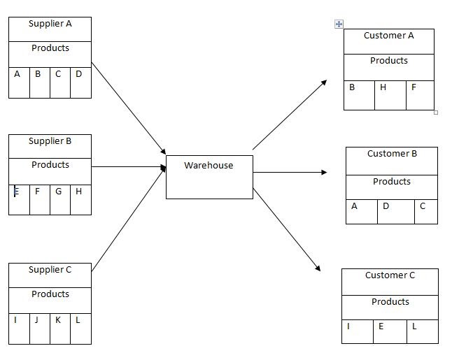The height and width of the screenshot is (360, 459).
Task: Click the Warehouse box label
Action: (x=209, y=166)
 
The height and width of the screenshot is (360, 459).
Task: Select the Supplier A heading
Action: (x=50, y=24)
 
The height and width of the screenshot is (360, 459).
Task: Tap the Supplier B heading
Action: (x=50, y=141)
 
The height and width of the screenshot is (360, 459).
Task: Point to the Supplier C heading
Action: (x=50, y=270)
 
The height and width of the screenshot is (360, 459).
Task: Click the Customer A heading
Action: (x=388, y=36)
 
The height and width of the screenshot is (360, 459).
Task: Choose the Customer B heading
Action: (x=391, y=154)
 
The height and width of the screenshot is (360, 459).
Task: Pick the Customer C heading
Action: (x=390, y=275)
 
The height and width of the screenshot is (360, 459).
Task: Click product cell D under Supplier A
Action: (x=80, y=82)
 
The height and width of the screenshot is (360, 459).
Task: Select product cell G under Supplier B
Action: (x=60, y=199)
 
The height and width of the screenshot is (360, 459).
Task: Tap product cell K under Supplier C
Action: (x=60, y=328)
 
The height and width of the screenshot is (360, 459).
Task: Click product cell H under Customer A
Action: (x=390, y=94)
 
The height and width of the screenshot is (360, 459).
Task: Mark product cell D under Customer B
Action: (x=395, y=211)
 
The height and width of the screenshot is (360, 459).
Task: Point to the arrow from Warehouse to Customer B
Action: (x=290, y=172)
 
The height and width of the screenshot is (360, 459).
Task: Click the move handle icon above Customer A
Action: (x=339, y=24)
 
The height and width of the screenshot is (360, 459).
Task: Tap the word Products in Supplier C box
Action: (x=50, y=294)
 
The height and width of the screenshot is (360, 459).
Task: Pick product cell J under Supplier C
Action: (x=39, y=328)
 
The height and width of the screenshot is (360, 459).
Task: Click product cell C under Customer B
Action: (x=425, y=211)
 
